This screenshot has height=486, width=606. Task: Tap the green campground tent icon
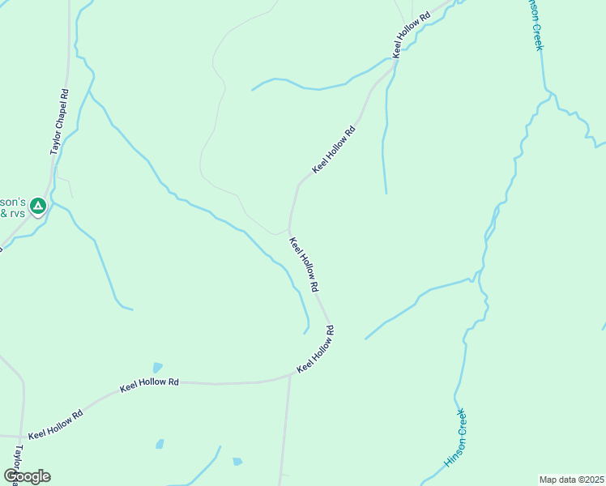coord(37,207)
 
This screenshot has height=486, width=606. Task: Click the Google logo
coord(27,476)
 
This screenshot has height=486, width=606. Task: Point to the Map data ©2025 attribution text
coord(571,480)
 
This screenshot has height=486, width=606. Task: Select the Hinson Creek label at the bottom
coord(455,438)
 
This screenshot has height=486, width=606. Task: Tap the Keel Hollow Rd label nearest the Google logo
coord(55,424)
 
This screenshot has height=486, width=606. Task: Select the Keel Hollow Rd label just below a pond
coord(149,384)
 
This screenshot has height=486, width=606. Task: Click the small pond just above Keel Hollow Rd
coord(157,368)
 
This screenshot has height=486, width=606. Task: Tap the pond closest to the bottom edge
coord(237,462)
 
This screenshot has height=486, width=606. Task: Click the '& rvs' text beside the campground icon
coord(13,213)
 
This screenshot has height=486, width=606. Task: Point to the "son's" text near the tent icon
coord(15,201)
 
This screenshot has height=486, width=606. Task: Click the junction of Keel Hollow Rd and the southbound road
coord(290,375)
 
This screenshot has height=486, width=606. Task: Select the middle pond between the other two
coord(160,444)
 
